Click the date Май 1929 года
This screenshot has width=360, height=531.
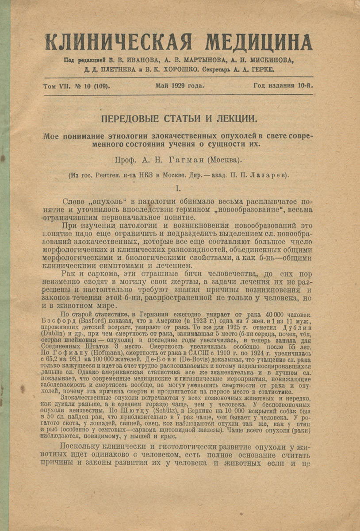[180, 86]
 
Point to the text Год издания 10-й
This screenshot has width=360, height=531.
[283, 86]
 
